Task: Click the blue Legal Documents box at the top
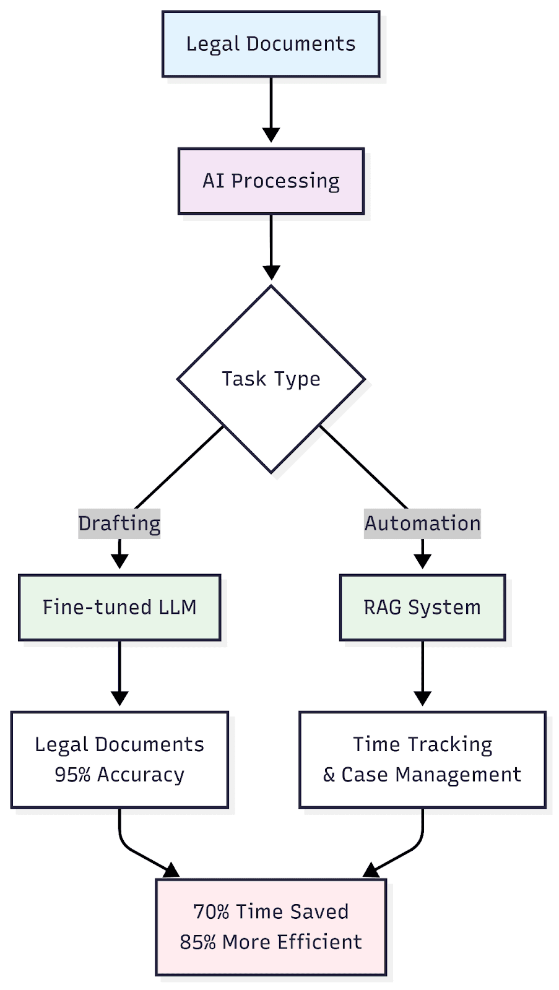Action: click(271, 44)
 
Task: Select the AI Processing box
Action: click(271, 181)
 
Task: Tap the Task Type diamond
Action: click(271, 379)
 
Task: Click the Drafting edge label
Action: click(119, 523)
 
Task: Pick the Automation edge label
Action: click(422, 523)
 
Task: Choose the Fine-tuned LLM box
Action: click(119, 607)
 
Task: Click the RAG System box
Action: click(422, 607)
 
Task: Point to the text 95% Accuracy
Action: click(119, 775)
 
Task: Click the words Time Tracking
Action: click(422, 744)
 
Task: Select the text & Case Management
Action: click(422, 775)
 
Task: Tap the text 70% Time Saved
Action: click(271, 911)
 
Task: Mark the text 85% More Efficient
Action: click(271, 942)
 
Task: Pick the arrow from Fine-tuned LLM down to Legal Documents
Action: click(119, 671)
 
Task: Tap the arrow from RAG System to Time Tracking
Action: click(422, 671)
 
